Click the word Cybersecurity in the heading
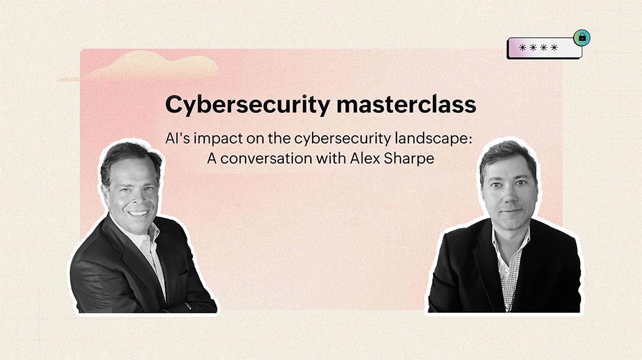(247, 105)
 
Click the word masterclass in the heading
(405, 105)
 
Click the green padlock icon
(582, 38)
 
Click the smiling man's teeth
(138, 212)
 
